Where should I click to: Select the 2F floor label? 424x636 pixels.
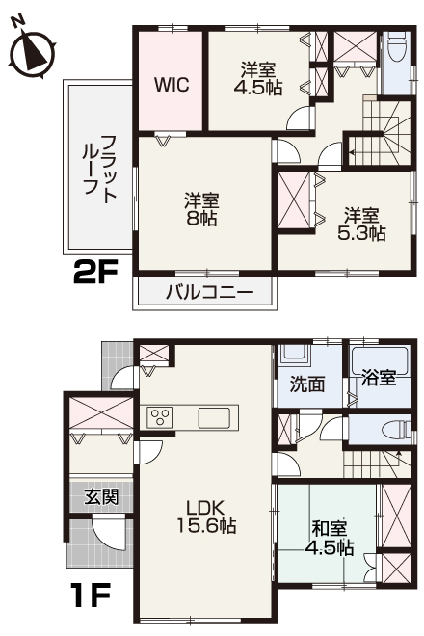[95, 275]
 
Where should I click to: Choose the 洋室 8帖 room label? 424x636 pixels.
[202, 209]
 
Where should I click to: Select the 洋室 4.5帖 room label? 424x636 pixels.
[259, 78]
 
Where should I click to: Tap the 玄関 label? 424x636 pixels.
[100, 498]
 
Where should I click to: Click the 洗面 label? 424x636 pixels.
[308, 383]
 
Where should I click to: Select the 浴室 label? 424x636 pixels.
[380, 377]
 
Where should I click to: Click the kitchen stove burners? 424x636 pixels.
[159, 417]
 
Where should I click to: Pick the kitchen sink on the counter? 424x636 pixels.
[215, 418]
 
